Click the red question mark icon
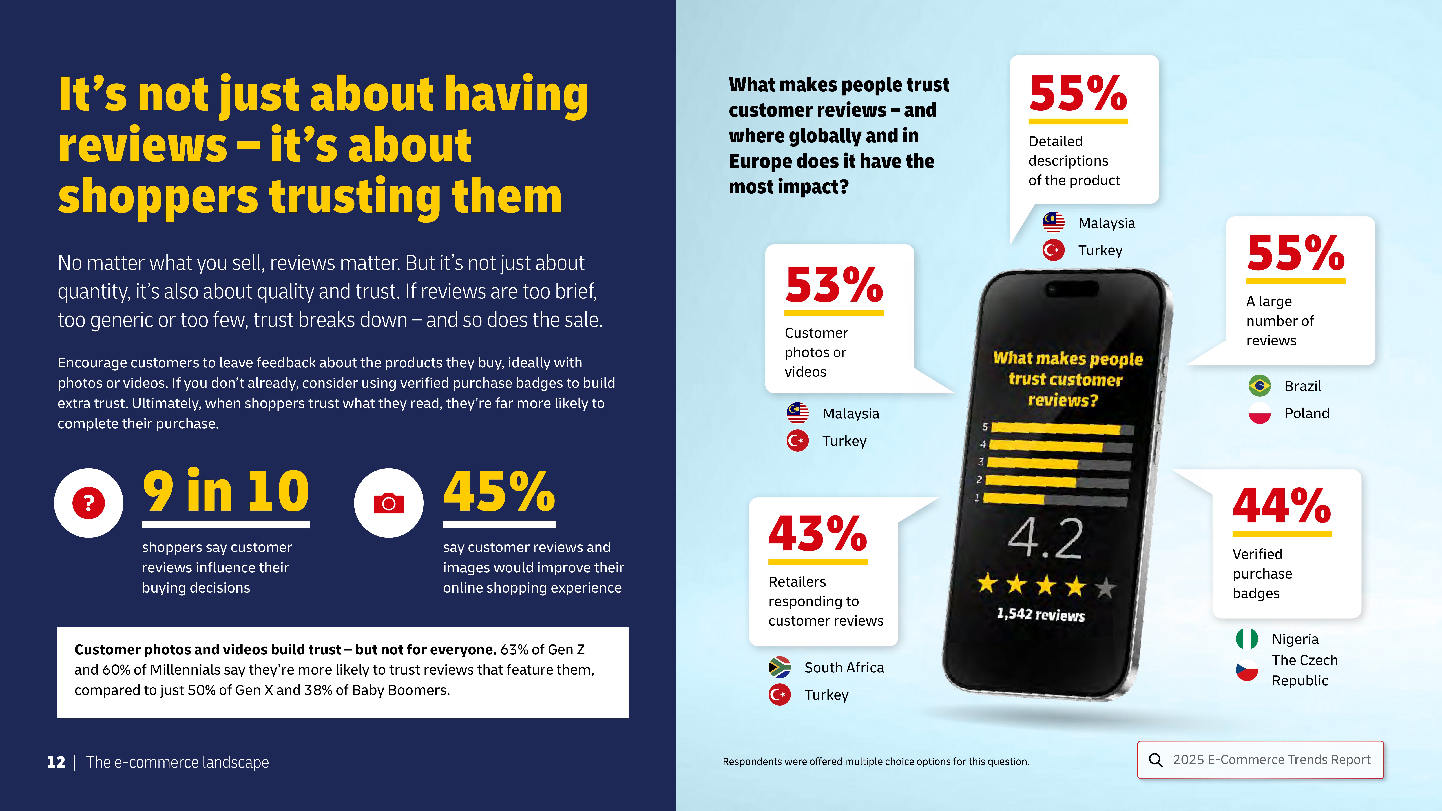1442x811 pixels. point(89,503)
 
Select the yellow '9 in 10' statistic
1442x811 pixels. point(226,491)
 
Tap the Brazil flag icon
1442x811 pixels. point(1260,386)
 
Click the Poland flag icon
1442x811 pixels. point(1260,413)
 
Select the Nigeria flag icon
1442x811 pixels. point(1247,639)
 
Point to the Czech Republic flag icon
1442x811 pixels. point(1247,670)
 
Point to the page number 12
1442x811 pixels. point(56,762)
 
